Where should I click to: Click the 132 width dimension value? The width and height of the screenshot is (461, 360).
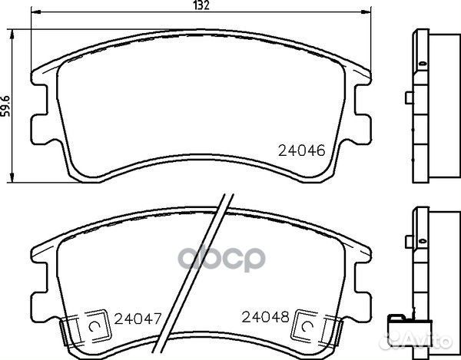pyautogui.click(x=201, y=5)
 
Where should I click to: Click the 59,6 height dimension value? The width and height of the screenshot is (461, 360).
pyautogui.click(x=5, y=106)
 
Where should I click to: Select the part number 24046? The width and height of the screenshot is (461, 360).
pyautogui.click(x=302, y=150)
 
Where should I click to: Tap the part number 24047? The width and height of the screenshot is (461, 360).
pyautogui.click(x=138, y=319)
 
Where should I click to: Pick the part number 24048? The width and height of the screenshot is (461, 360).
pyautogui.click(x=266, y=317)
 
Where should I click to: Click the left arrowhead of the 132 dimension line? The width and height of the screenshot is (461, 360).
pyautogui.click(x=36, y=12)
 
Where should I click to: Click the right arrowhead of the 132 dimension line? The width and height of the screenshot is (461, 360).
pyautogui.click(x=366, y=12)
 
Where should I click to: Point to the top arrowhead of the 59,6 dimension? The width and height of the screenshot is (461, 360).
pyautogui.click(x=12, y=35)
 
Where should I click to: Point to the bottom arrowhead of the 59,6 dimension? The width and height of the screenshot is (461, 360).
pyautogui.click(x=12, y=177)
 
